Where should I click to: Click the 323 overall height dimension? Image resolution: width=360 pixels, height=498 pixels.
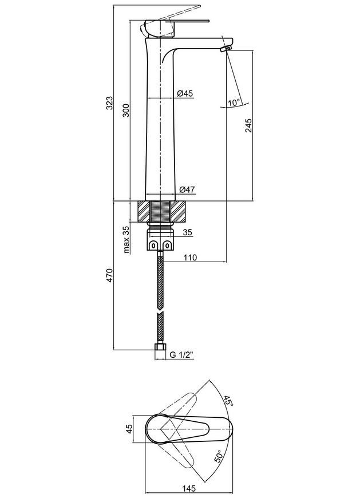pyautogui.click(x=109, y=102)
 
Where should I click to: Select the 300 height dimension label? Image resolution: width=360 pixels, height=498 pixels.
pyautogui.click(x=126, y=110)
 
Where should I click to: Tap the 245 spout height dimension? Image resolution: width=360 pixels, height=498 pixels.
pyautogui.click(x=248, y=125)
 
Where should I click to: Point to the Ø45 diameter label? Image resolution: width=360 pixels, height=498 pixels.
pyautogui.click(x=185, y=93)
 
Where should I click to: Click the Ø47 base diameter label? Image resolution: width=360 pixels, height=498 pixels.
pyautogui.click(x=187, y=189)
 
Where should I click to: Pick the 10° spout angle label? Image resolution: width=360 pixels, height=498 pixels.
pyautogui.click(x=234, y=102)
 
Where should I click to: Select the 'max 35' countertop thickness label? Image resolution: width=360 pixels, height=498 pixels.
pyautogui.click(x=126, y=239)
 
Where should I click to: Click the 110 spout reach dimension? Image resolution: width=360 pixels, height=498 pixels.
pyautogui.click(x=190, y=257)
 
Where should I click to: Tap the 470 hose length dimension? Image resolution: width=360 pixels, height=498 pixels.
pyautogui.click(x=109, y=275)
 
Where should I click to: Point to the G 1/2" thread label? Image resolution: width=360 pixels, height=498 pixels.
pyautogui.click(x=181, y=355)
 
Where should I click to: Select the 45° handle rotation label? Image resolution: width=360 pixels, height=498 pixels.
pyautogui.click(x=228, y=401)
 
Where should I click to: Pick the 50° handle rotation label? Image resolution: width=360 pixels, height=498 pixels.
pyautogui.click(x=219, y=456)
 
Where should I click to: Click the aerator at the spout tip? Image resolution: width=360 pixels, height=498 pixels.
pyautogui.click(x=226, y=49)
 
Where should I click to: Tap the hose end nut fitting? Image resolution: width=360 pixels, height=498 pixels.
pyautogui.click(x=160, y=347)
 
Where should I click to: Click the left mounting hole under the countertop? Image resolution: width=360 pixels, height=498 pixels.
pyautogui.click(x=153, y=245)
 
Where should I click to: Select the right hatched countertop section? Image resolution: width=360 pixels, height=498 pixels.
pyautogui.click(x=178, y=212)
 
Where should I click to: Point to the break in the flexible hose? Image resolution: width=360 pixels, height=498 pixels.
pyautogui.click(x=160, y=311)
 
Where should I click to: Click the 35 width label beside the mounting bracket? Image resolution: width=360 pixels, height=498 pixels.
pyautogui.click(x=188, y=232)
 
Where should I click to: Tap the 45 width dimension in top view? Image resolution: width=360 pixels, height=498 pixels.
pyautogui.click(x=129, y=429)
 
